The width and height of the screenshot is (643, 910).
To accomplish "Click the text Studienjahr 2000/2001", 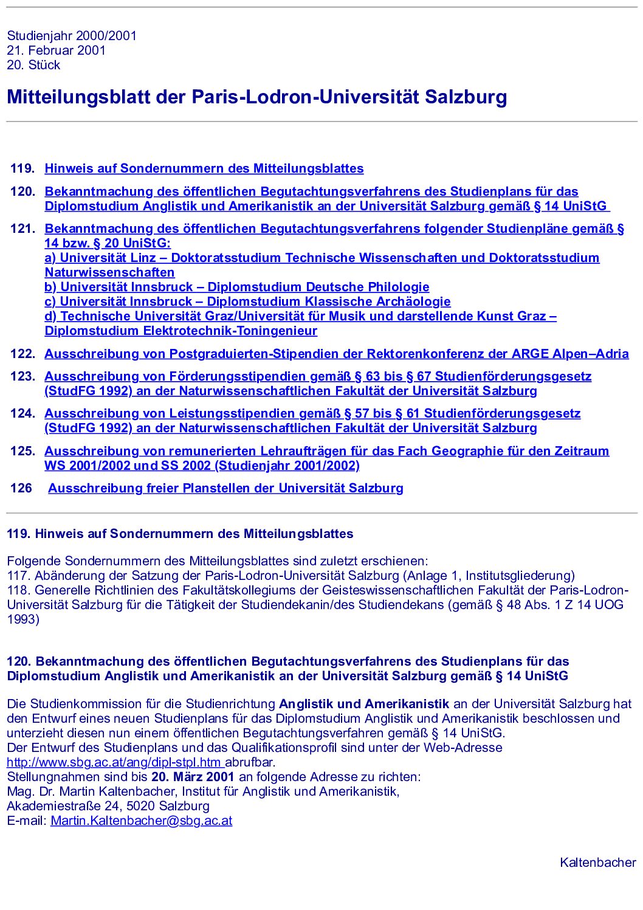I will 72,36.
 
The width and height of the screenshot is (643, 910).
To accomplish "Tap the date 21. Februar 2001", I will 56,50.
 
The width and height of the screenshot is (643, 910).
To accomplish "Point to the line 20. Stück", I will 33,65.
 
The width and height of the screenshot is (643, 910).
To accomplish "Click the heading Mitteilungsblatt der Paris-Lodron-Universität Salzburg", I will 256,97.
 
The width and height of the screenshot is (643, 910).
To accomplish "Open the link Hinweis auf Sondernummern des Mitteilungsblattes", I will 204,169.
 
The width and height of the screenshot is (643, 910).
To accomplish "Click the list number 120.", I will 22,192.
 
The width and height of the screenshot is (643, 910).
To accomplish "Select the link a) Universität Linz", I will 100,258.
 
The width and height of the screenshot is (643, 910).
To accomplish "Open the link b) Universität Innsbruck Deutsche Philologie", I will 236,287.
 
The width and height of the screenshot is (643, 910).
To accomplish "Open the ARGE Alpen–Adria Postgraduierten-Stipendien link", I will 336,354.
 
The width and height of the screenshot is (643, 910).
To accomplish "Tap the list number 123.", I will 22,376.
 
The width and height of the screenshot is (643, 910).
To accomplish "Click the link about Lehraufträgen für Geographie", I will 326,451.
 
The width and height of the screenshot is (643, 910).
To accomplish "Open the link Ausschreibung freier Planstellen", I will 225,488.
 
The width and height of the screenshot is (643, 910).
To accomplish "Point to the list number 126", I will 21,488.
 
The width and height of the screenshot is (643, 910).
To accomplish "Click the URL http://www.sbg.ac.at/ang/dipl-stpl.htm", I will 114,762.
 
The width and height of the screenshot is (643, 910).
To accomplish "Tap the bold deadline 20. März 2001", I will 193,777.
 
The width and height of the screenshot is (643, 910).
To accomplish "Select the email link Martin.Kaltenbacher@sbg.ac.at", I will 141,821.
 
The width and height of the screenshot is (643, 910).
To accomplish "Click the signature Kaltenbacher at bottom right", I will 597,863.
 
